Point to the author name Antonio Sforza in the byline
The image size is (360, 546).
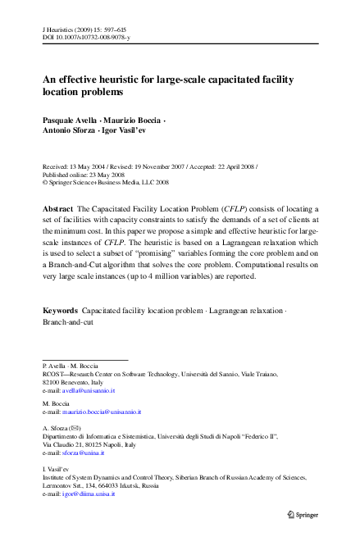67,131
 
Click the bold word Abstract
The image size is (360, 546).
57,210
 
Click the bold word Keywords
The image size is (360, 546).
60,312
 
